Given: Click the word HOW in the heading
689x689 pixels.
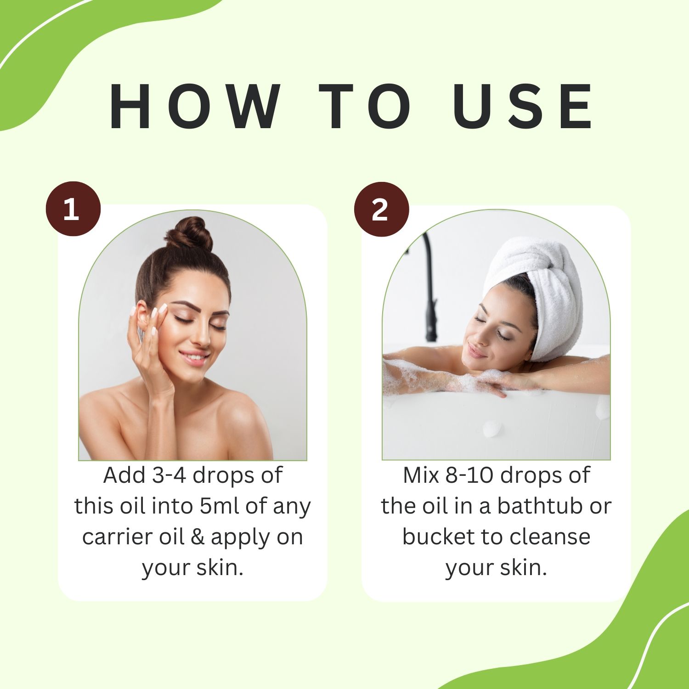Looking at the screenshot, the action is [195, 107].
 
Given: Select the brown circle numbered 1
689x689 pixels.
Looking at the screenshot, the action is [73, 209].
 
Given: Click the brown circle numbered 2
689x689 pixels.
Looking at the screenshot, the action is [381, 209].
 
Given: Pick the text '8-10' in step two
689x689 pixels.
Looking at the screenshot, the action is [470, 475].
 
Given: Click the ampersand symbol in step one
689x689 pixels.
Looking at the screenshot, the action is [198, 537].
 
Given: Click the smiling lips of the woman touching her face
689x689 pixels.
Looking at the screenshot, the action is [194, 357].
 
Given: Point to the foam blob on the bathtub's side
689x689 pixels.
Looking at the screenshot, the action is [492, 429].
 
